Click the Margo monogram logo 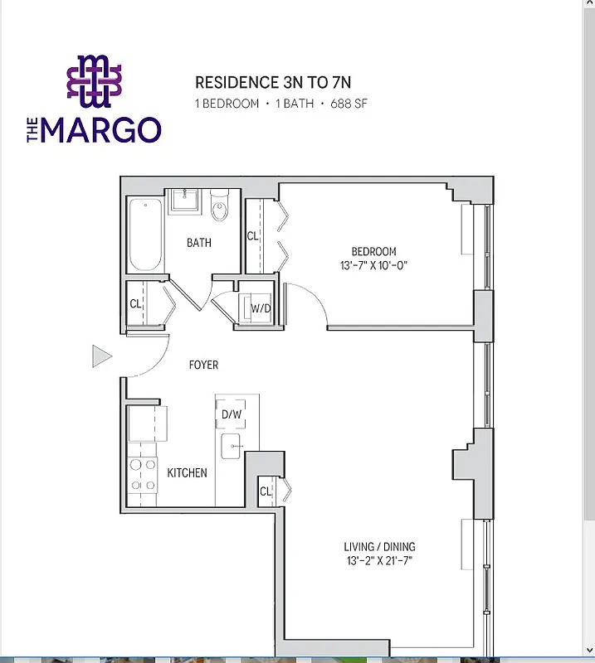94,81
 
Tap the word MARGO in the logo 100,130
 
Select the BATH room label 198,243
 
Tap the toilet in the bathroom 219,208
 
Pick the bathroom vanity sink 185,201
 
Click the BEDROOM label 373,251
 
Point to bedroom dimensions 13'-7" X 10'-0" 373,265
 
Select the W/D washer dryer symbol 259,308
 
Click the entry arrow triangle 101,356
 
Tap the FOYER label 203,365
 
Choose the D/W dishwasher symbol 230,414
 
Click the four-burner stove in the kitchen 142,477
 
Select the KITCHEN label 187,473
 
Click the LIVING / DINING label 379,547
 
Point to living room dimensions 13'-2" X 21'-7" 379,561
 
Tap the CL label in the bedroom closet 252,236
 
